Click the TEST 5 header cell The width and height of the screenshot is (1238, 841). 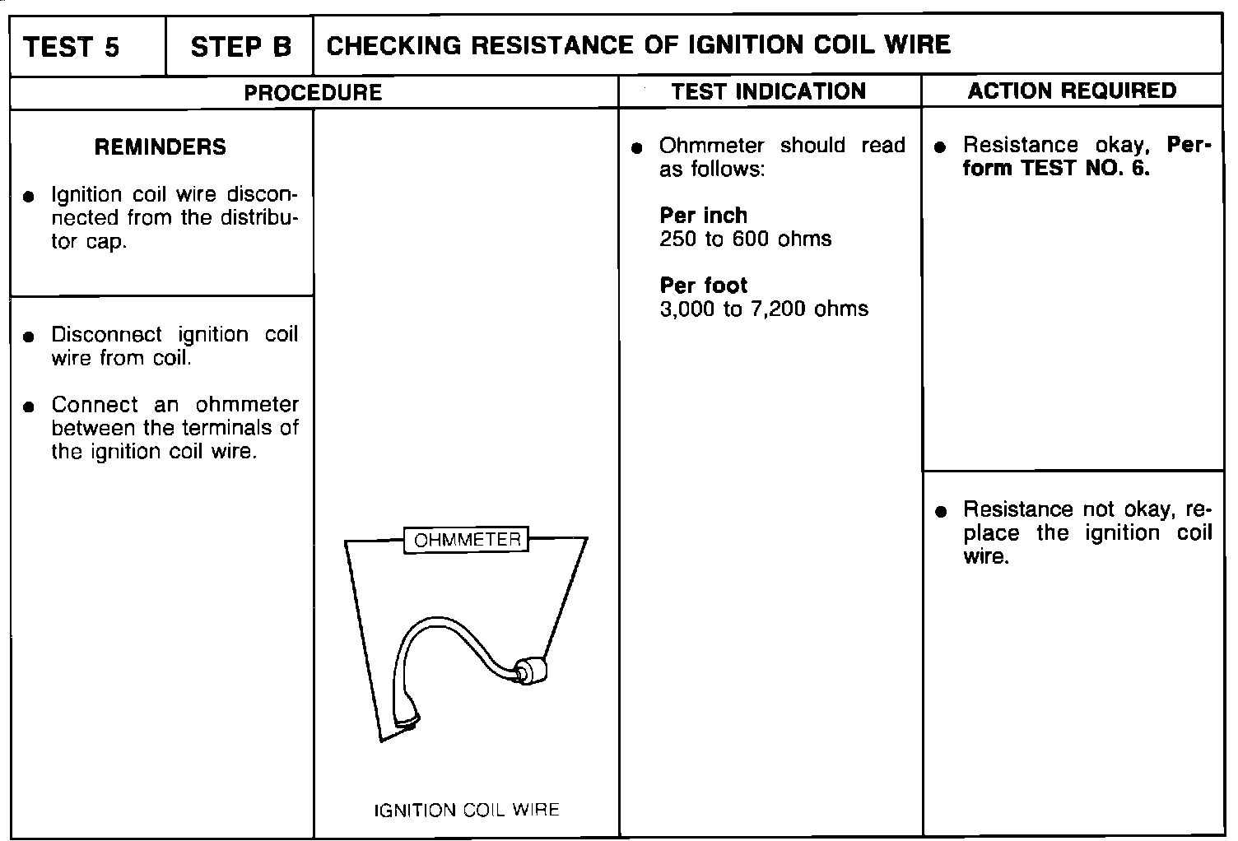click(72, 46)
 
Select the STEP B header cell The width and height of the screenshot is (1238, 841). click(240, 46)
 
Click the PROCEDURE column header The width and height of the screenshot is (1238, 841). click(313, 92)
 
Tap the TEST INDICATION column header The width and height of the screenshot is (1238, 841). click(768, 91)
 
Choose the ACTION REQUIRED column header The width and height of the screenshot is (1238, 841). click(1072, 91)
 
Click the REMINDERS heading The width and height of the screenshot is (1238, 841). click(160, 147)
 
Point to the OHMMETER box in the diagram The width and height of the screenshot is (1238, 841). click(467, 540)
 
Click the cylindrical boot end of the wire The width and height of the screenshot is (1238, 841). click(530, 671)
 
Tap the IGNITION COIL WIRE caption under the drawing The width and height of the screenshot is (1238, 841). click(466, 810)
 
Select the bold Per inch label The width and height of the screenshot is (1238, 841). click(703, 216)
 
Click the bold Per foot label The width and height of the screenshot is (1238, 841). click(703, 286)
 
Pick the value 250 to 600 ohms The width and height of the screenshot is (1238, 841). click(745, 239)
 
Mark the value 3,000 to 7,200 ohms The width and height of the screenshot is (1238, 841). click(763, 309)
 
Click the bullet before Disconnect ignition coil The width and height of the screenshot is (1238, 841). click(30, 337)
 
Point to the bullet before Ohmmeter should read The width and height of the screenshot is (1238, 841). click(636, 148)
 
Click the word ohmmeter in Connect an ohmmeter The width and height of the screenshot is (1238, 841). click(247, 405)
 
